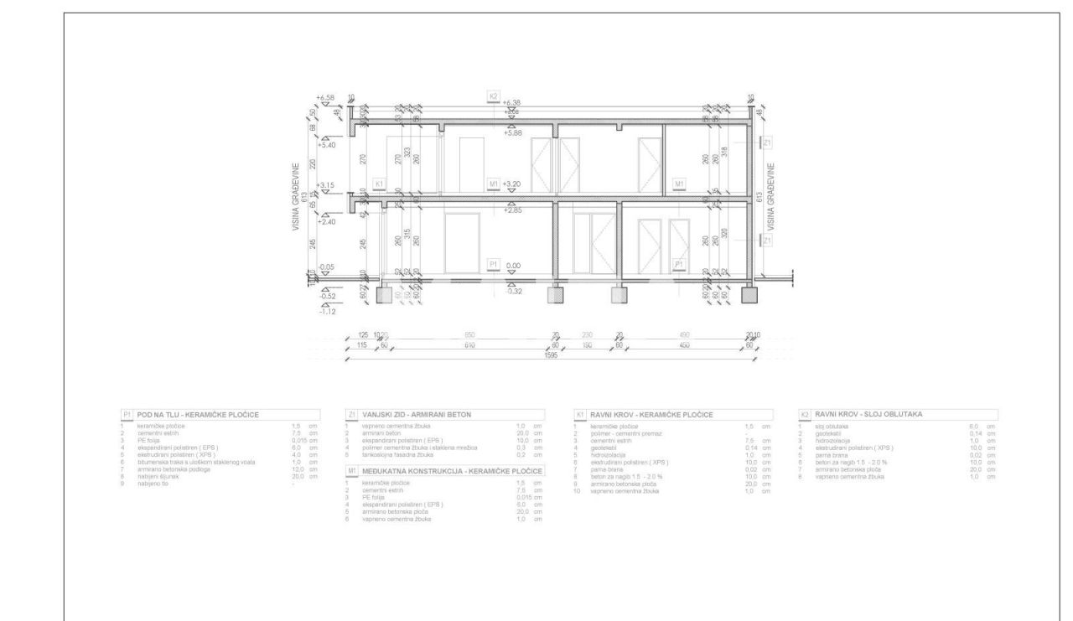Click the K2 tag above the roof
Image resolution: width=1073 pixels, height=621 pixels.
(493, 97)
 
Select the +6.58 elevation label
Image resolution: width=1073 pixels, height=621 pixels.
(325, 98)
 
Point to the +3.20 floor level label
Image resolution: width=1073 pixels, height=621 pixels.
(511, 184)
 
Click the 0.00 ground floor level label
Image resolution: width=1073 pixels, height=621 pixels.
(513, 266)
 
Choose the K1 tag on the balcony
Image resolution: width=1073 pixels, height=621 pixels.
(379, 184)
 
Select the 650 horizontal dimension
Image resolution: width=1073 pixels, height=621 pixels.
(469, 334)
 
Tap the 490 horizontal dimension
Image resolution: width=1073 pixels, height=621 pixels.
(688, 334)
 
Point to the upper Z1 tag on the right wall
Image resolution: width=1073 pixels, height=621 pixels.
(767, 143)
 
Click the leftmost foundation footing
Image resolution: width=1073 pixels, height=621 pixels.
(386, 295)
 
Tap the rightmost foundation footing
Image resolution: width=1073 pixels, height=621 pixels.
(749, 295)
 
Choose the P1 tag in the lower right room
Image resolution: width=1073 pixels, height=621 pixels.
(679, 265)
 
